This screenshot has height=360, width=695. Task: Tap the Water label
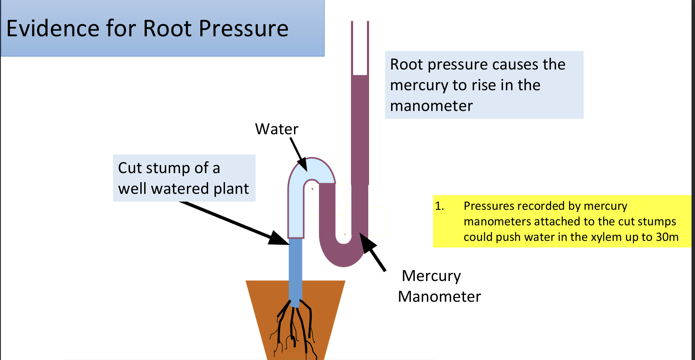pyautogui.click(x=277, y=129)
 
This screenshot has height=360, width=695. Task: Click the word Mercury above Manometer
pyautogui.click(x=431, y=276)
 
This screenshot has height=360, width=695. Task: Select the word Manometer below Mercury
pyautogui.click(x=439, y=297)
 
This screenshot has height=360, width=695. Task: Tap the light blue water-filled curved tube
pyautogui.click(x=296, y=203)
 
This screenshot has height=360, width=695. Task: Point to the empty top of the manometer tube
pyautogui.click(x=360, y=47)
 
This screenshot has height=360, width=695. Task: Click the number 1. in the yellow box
pyautogui.click(x=439, y=206)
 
